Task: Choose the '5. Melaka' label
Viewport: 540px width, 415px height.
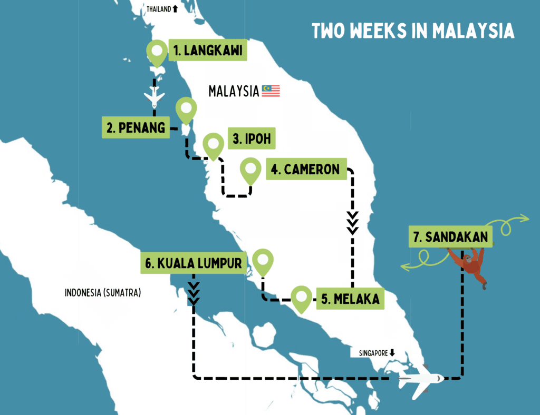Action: tap(350, 299)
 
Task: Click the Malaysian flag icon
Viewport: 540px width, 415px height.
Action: tap(271, 91)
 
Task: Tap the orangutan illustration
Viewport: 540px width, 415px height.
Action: tap(471, 266)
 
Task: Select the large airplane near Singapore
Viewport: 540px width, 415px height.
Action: tap(421, 379)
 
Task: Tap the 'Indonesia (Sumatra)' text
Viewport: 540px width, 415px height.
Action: tap(103, 293)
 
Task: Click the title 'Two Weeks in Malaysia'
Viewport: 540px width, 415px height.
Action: tap(413, 31)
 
